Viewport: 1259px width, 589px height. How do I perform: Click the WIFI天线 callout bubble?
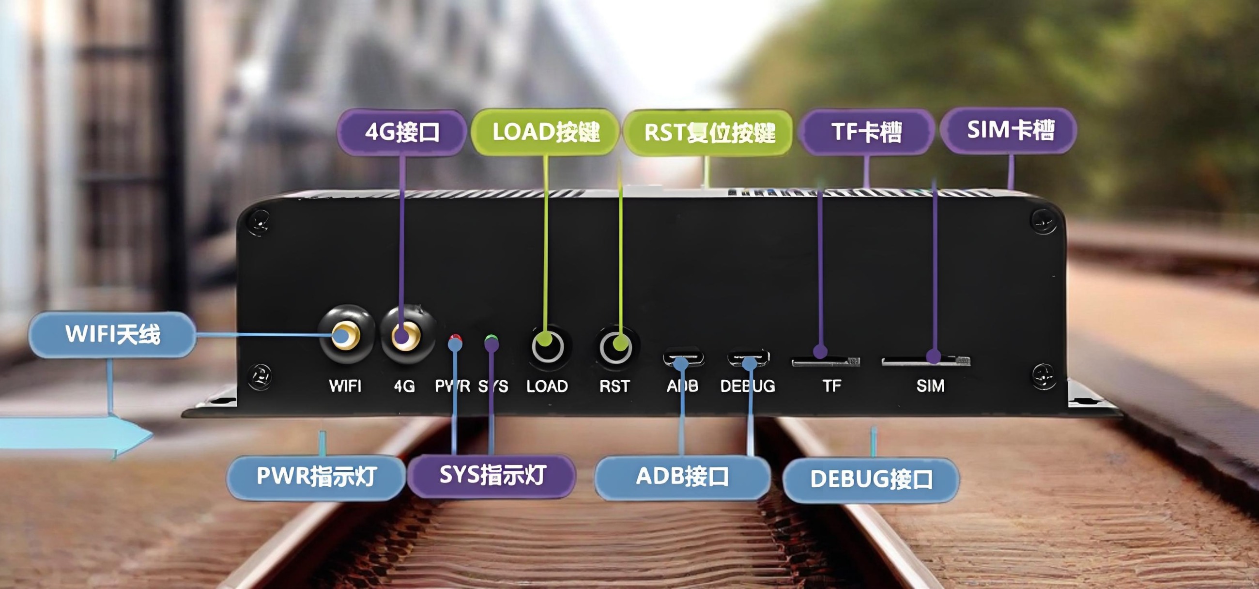pos(112,335)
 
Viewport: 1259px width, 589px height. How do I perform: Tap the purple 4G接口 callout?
pos(402,132)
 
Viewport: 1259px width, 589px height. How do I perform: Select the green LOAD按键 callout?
pos(545,132)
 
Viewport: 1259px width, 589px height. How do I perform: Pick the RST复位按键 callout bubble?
pos(709,132)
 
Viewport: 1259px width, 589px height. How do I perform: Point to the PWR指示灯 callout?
pos(316,477)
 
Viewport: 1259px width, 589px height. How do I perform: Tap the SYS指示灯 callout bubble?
pos(491,475)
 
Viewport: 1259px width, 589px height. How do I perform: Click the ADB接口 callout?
pos(682,477)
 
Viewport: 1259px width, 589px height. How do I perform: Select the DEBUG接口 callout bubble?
pos(871,480)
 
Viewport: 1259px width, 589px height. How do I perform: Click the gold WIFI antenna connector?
pos(346,335)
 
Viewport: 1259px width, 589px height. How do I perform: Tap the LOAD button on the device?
pos(547,347)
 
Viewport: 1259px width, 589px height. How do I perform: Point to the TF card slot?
pos(826,362)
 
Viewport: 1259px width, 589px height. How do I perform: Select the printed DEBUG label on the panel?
pos(747,386)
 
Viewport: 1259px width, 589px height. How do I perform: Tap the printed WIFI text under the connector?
pos(345,386)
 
